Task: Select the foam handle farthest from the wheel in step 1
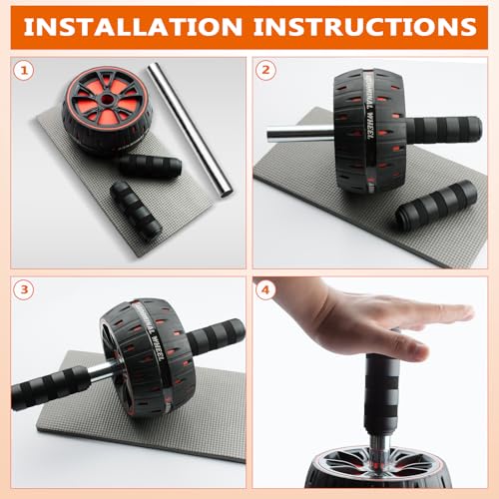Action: click(136, 211)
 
